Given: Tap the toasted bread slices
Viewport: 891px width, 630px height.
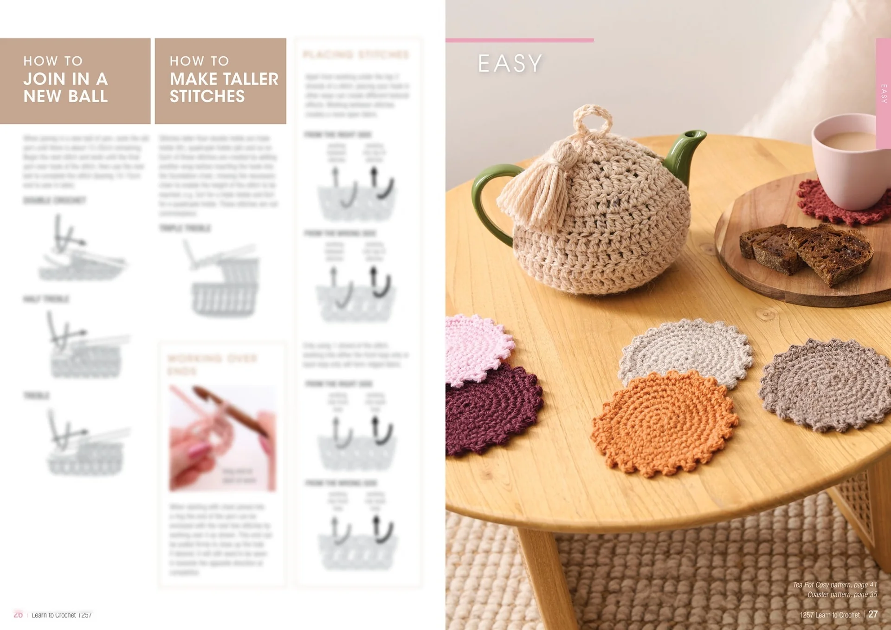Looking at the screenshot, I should click(807, 251).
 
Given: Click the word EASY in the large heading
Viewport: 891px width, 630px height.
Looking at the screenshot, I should click(510, 64).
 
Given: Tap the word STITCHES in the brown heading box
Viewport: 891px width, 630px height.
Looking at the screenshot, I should click(207, 97).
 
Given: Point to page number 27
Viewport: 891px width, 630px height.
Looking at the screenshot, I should click(873, 614).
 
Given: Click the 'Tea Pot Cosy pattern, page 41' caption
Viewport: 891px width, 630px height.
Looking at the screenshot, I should click(834, 585).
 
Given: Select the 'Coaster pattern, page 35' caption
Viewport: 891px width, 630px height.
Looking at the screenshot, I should click(842, 595).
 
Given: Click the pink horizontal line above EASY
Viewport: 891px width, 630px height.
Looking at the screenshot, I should click(519, 40).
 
